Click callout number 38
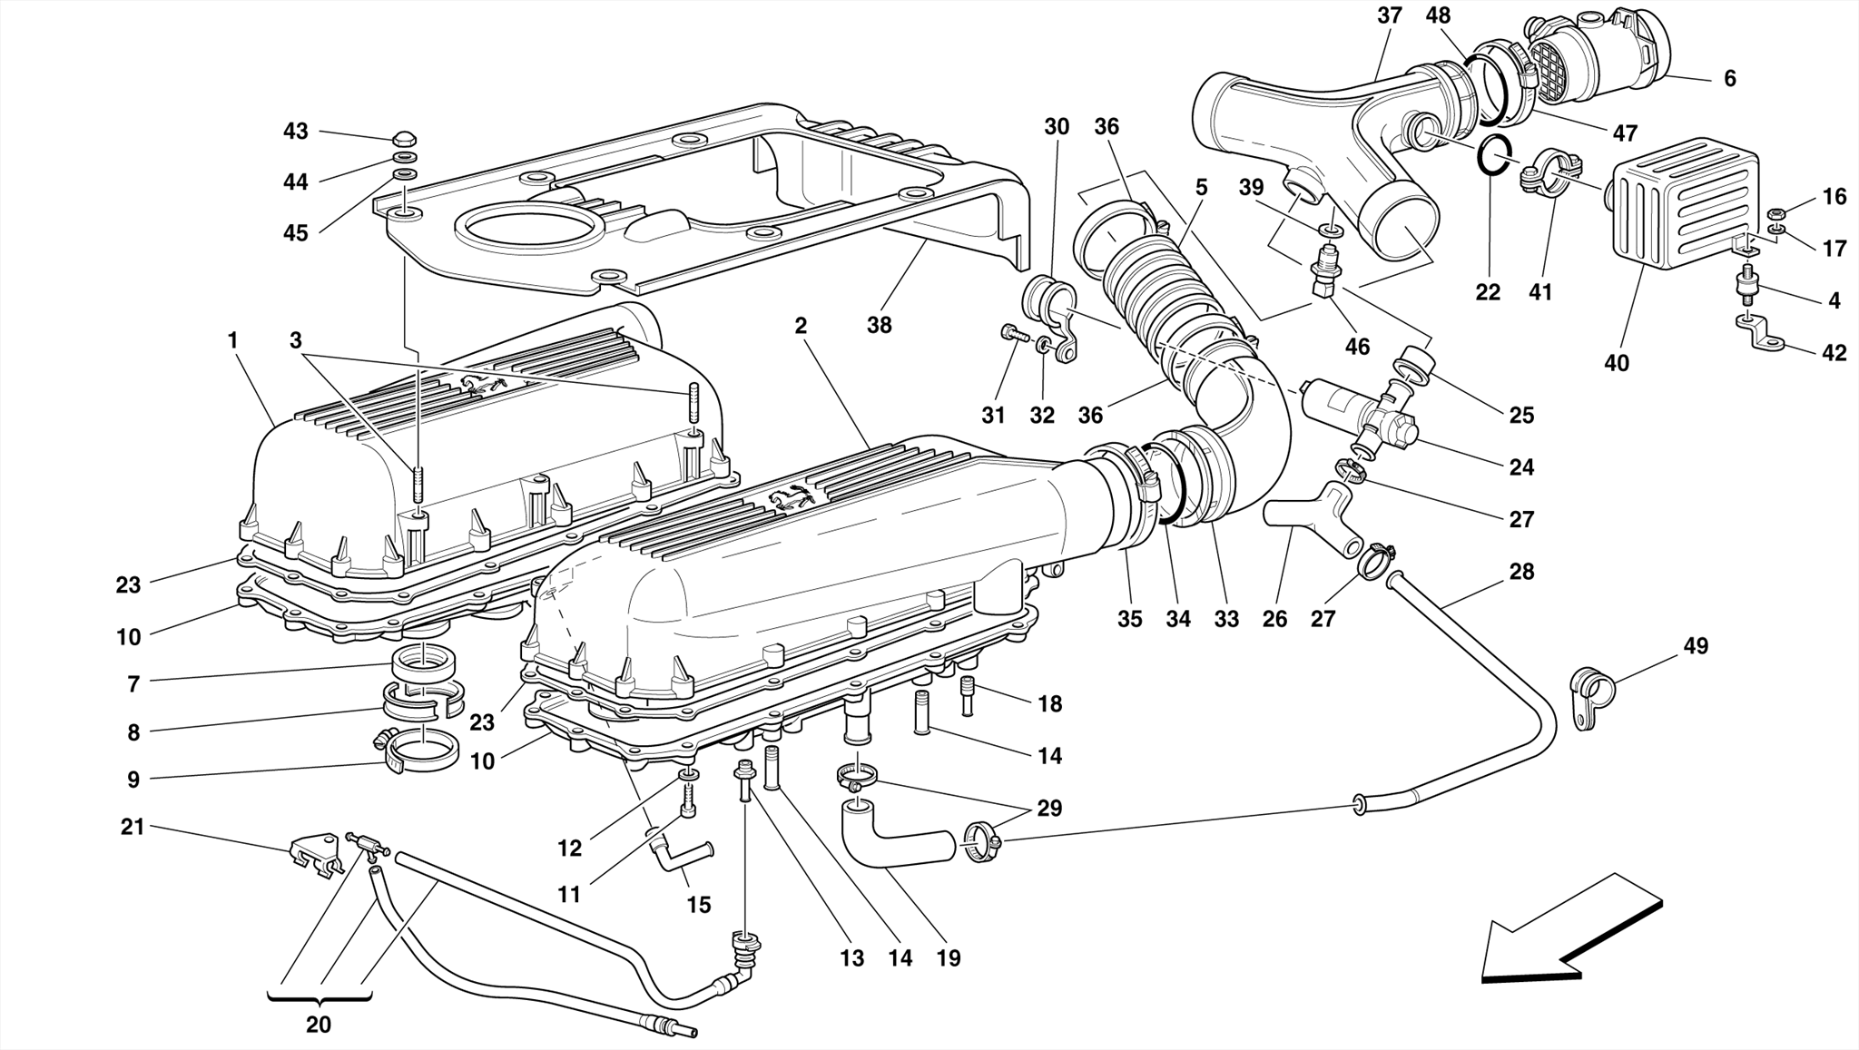(x=879, y=325)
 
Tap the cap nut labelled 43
(x=405, y=139)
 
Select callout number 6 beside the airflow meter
(x=1729, y=79)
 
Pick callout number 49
(x=1695, y=646)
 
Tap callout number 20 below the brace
(x=318, y=1025)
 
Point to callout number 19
(x=949, y=957)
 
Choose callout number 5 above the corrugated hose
(x=1201, y=188)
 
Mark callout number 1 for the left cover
(x=232, y=340)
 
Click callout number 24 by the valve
(x=1521, y=466)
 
